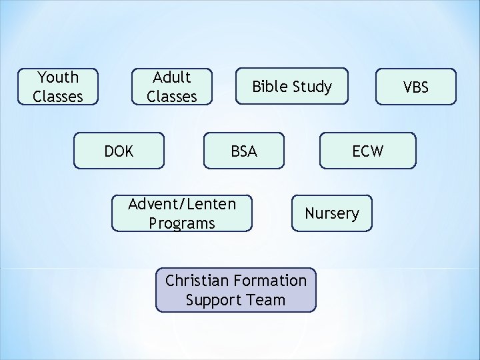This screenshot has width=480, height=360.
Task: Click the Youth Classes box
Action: point(58,87)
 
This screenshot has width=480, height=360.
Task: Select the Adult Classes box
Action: point(171,87)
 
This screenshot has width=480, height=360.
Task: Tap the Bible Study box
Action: point(291,87)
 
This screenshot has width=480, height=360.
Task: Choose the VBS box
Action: point(416,87)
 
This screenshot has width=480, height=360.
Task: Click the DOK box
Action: point(119,151)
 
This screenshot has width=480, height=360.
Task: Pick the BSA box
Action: point(243,151)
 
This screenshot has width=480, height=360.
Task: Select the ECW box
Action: point(368,151)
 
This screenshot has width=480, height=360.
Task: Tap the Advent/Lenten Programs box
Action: point(182,213)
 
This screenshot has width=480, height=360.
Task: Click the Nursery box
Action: point(331,213)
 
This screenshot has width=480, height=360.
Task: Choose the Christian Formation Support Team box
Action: point(235,290)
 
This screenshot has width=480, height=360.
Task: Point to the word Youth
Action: point(58,77)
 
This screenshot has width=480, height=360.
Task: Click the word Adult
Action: point(172,77)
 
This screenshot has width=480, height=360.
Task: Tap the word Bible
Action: point(269,87)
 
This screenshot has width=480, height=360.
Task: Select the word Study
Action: point(311,87)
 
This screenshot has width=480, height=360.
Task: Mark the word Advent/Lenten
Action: point(182,203)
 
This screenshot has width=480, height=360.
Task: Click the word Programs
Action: point(182,223)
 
